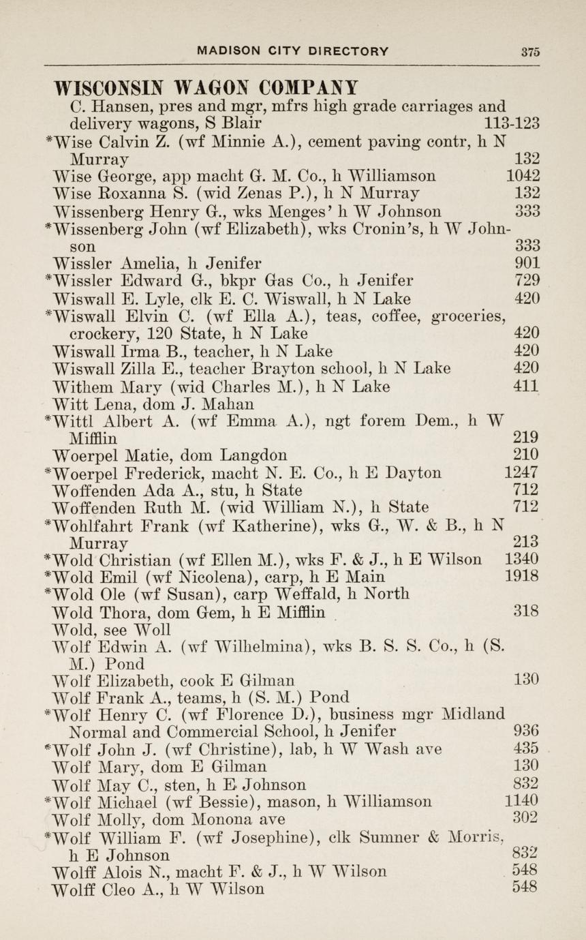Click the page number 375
coord(530,51)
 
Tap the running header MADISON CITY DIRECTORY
coord(292,51)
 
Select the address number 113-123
coord(511,124)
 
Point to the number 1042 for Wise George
coord(523,176)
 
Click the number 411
coord(527,387)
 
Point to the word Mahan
coord(204,404)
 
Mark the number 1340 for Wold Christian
coord(522,560)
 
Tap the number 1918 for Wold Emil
coord(522,577)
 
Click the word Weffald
coord(305,594)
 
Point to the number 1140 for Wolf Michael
coord(522,801)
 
